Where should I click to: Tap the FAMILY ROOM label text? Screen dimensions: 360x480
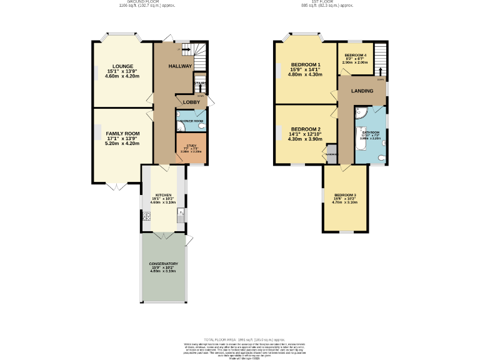(x=122, y=134)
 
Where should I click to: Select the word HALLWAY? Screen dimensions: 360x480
(x=180, y=66)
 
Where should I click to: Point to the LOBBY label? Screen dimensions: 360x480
(x=191, y=102)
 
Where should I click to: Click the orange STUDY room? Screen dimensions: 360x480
(x=191, y=149)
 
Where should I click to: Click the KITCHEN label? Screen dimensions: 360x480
(x=162, y=195)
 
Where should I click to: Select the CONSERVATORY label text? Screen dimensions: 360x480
(x=163, y=264)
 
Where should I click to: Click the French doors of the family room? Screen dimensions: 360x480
(x=112, y=185)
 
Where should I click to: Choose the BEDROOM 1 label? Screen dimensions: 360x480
(x=306, y=65)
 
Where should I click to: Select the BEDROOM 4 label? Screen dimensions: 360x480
(x=356, y=56)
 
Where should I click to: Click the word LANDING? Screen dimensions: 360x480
(x=362, y=91)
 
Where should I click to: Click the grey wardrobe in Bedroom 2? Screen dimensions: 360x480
(x=332, y=154)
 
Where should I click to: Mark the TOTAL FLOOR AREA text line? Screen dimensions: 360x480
(x=240, y=339)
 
